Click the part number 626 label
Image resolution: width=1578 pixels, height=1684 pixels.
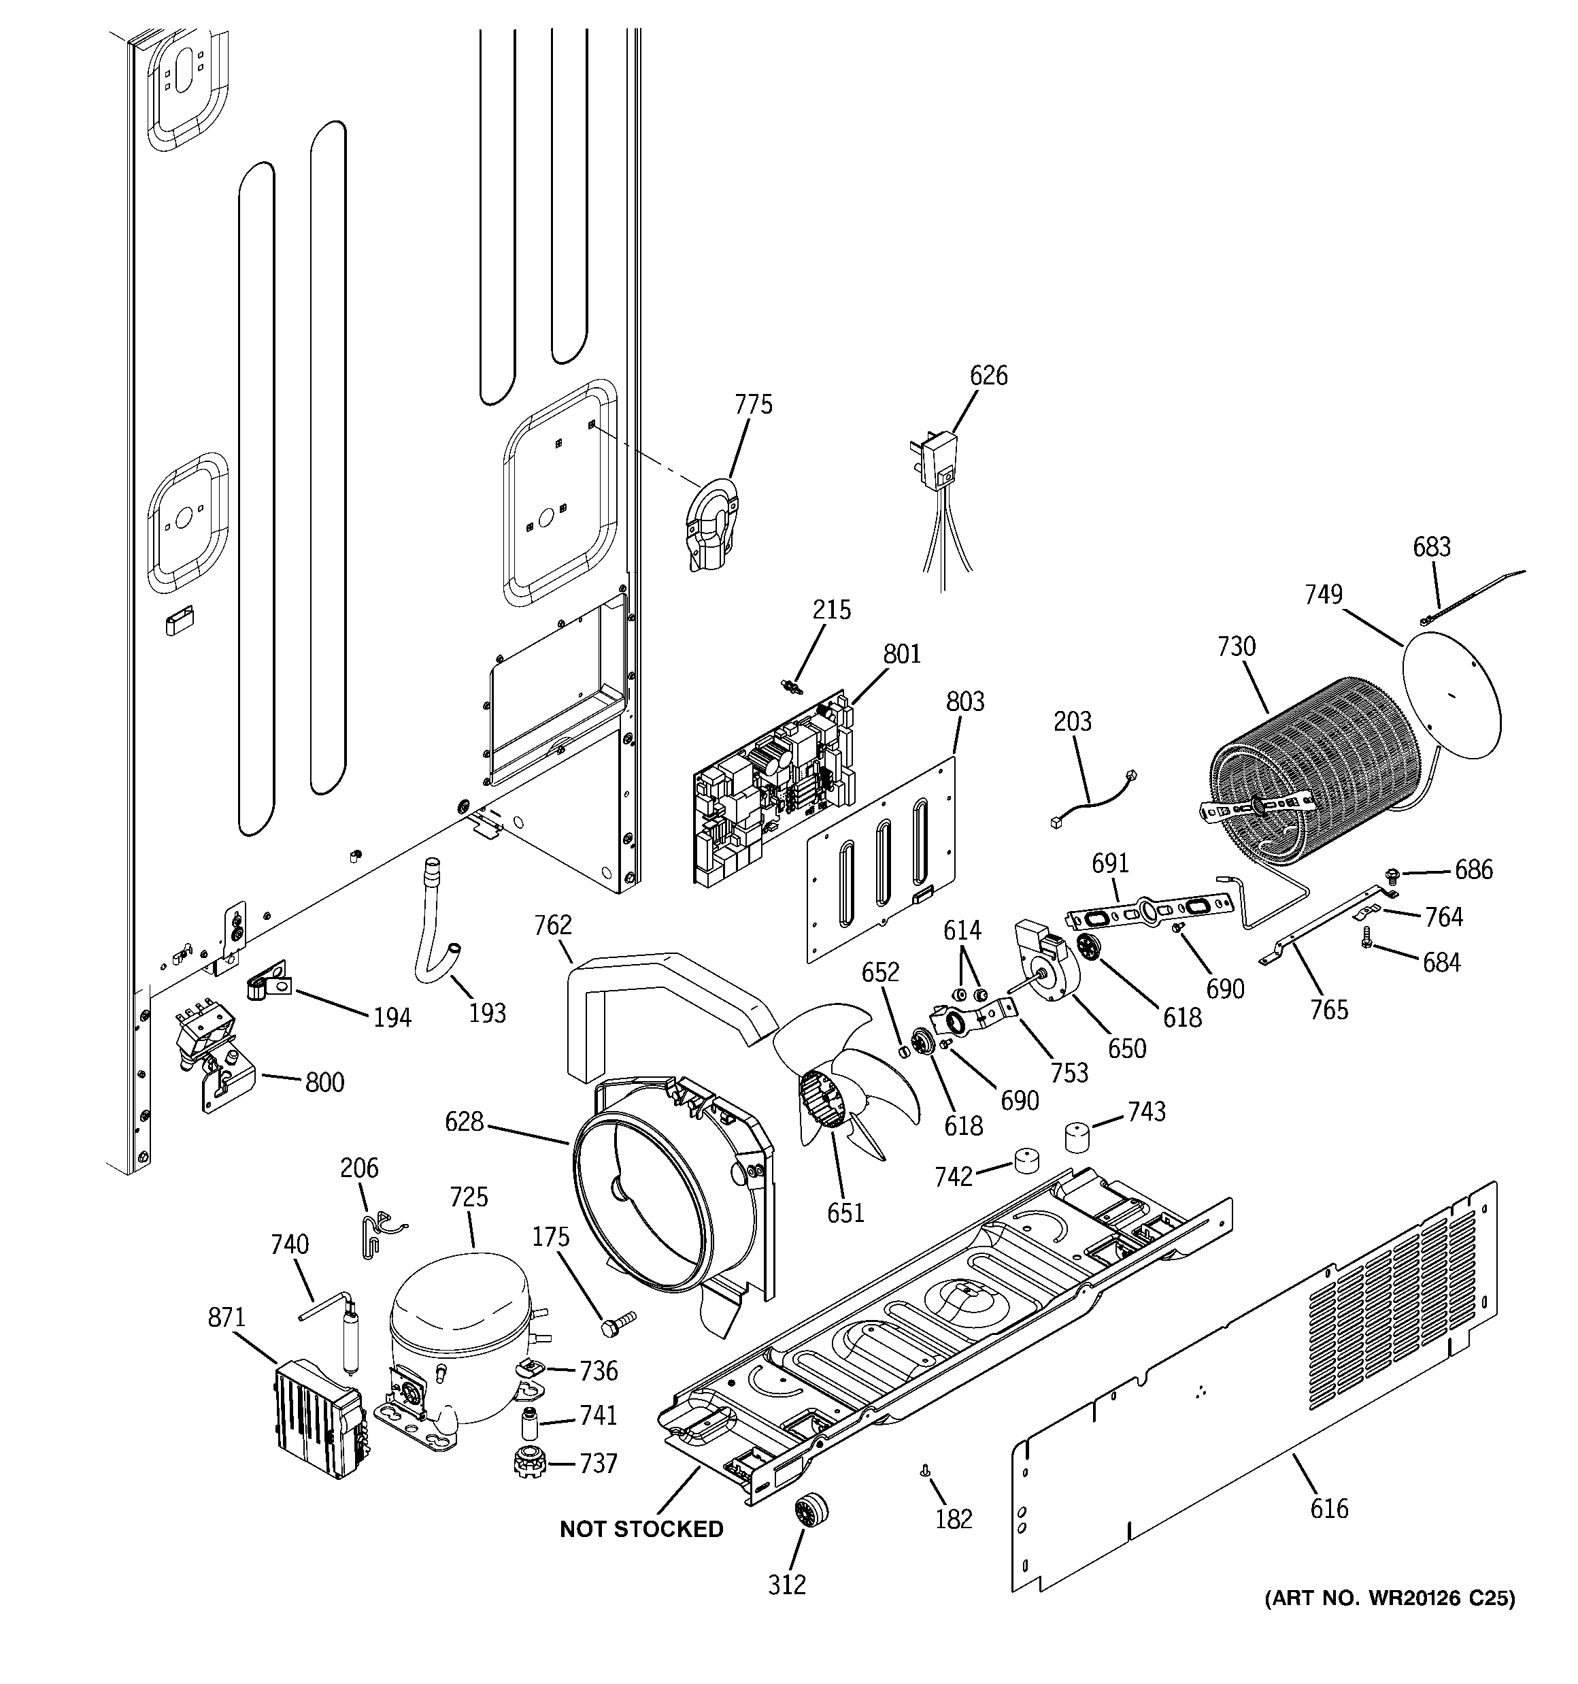tap(988, 376)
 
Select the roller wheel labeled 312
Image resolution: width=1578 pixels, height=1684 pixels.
tap(811, 1508)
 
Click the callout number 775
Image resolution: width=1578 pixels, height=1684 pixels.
tap(753, 405)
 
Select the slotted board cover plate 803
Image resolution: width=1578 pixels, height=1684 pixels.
tap(881, 860)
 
